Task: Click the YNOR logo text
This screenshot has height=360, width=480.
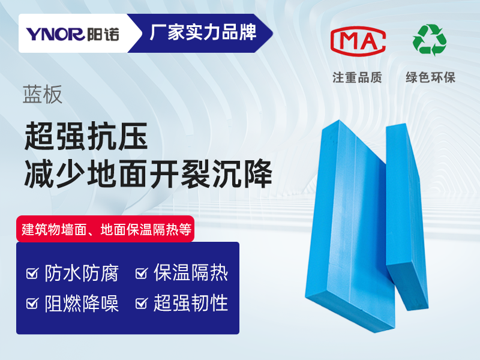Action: [55, 34]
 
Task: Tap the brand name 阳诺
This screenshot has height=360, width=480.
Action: [103, 34]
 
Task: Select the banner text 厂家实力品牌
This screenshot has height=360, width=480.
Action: [203, 32]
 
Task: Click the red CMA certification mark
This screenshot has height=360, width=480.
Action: [358, 41]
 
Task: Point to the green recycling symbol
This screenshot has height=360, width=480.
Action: [430, 40]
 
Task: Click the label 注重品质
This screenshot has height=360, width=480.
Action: [357, 77]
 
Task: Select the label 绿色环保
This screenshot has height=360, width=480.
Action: [431, 77]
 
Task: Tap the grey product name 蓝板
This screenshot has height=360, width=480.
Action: [43, 95]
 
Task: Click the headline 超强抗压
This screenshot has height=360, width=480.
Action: [86, 136]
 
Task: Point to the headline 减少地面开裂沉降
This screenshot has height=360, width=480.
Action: [148, 173]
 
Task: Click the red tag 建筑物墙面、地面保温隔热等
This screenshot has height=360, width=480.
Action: [106, 229]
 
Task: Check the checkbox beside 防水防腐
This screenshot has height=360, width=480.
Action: [32, 273]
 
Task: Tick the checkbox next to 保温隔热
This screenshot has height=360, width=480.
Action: [142, 273]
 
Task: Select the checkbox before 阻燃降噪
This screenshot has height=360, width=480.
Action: [32, 303]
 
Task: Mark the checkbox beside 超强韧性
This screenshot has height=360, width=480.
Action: [142, 303]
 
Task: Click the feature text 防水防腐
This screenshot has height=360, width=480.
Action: [82, 273]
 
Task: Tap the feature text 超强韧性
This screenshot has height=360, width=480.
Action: [191, 303]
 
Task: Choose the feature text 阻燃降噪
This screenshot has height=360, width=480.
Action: [82, 303]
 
